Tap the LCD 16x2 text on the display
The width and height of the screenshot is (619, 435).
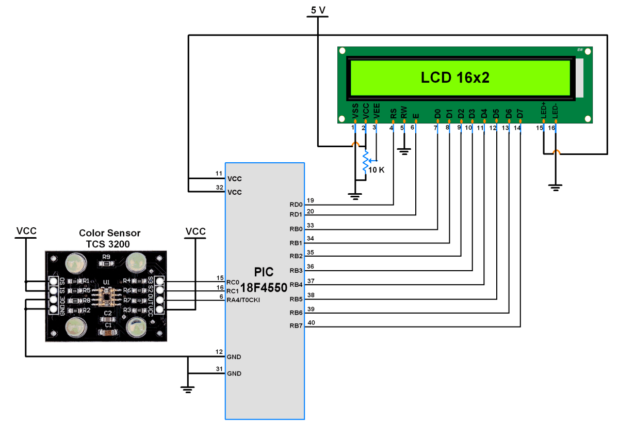[455, 78]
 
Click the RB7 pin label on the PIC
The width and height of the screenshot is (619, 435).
[296, 326]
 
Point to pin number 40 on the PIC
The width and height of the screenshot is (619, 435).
[311, 322]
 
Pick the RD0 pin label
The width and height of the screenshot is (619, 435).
[296, 205]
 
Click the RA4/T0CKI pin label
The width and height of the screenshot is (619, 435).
[247, 300]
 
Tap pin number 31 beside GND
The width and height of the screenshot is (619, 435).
[219, 369]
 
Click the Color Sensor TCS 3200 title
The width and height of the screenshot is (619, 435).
[109, 239]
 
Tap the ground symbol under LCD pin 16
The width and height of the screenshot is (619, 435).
[555, 187]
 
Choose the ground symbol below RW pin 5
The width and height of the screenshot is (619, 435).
[404, 151]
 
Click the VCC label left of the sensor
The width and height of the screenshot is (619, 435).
[26, 231]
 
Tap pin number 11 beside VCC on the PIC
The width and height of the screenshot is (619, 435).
[219, 174]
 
